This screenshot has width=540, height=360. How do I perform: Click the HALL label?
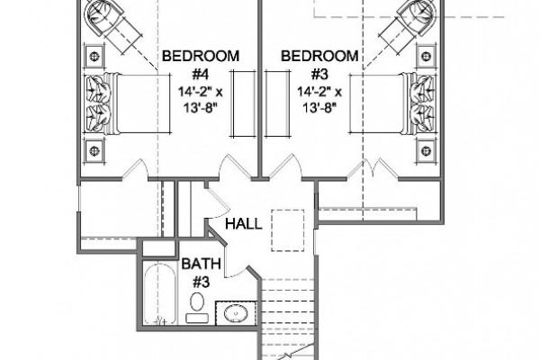coord(244,224)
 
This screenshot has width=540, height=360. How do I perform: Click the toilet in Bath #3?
coord(197,307)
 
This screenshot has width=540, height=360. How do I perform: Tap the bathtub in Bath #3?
coord(160,293)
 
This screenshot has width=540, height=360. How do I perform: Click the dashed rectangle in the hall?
coord(288,230)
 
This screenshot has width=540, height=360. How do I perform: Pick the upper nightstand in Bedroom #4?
coord(94,56)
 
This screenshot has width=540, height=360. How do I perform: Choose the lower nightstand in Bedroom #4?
coord(94,150)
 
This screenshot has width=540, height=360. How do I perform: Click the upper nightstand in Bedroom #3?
coord(427,56)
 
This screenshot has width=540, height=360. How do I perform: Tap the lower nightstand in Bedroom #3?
coord(427,150)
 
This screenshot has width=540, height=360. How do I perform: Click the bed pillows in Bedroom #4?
coord(95,103)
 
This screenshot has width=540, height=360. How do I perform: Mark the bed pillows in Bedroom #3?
coord(423,103)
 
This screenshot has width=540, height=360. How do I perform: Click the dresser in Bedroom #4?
coord(244,103)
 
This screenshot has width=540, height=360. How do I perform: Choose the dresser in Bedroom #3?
coord(276,103)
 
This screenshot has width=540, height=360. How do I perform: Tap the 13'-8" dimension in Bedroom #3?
coord(319,109)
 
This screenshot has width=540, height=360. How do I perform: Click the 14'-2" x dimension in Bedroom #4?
coord(201,92)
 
